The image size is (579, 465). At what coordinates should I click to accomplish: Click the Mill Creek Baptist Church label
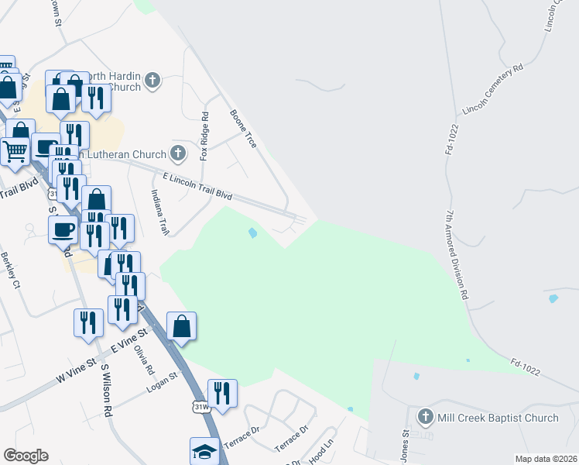(497, 418)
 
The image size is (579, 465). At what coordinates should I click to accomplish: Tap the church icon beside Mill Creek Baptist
(424, 418)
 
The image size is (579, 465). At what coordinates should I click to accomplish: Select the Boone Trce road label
(243, 129)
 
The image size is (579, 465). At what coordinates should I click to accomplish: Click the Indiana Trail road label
(160, 212)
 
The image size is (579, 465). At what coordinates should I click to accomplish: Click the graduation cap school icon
(204, 449)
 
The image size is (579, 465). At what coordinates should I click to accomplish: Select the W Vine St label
(75, 374)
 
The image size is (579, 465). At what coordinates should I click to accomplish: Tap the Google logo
(26, 456)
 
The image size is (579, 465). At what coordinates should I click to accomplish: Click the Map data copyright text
(546, 459)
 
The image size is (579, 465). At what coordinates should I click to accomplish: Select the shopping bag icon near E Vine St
(181, 325)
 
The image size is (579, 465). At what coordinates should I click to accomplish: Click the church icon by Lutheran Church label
(178, 153)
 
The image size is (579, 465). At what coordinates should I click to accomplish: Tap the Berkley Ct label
(10, 270)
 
